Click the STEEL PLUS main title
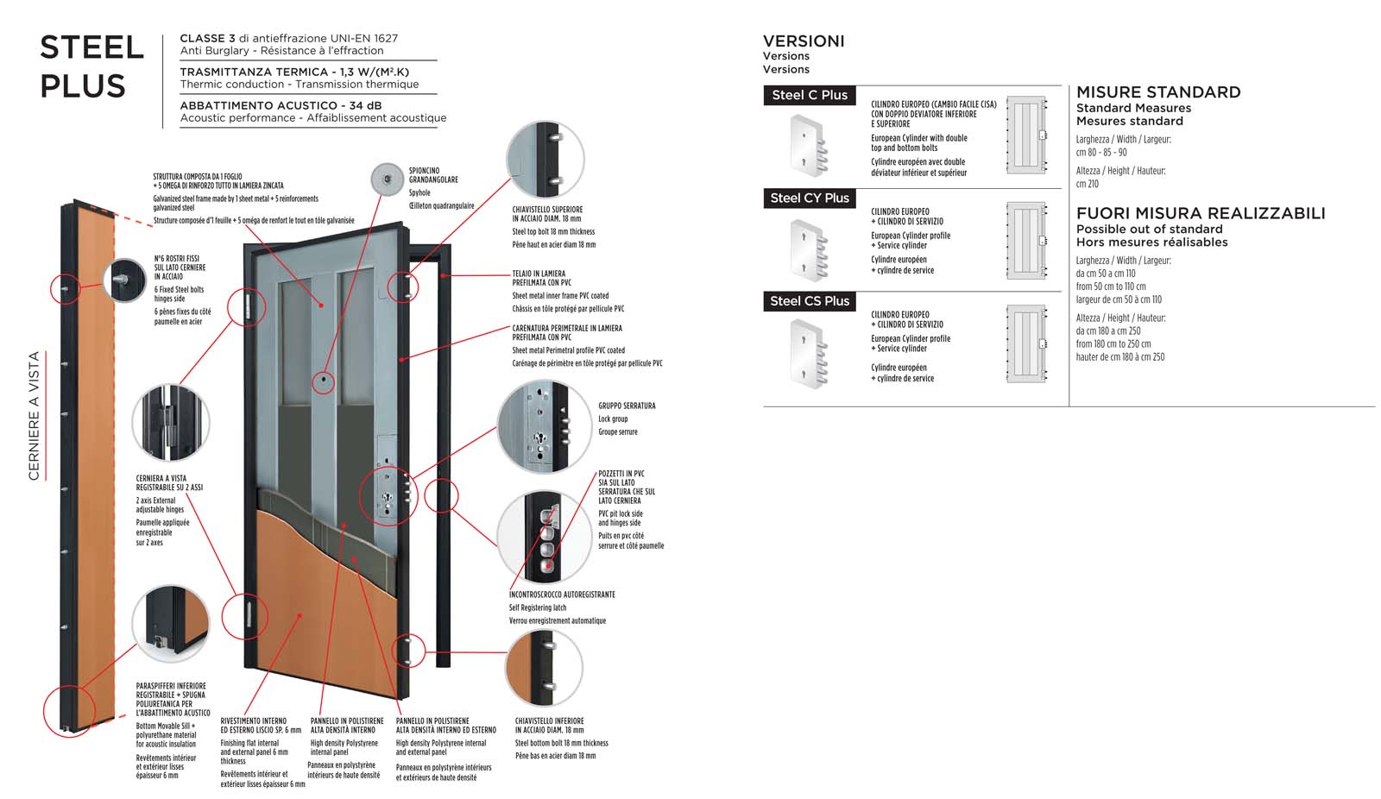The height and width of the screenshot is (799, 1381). [91, 66]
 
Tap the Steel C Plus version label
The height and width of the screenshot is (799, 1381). [809, 95]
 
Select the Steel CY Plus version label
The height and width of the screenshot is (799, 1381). [809, 198]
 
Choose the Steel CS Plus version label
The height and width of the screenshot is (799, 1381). [809, 301]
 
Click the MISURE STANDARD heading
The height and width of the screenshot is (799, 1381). [1157, 92]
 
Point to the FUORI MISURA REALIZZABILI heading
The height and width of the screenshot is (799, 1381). [1200, 213]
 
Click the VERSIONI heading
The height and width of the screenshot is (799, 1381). [804, 41]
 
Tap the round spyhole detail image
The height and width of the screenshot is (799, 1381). [388, 179]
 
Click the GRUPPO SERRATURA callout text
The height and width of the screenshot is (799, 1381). [627, 406]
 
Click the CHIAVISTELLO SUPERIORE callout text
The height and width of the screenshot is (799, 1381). [547, 214]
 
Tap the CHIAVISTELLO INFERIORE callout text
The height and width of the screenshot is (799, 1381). [550, 725]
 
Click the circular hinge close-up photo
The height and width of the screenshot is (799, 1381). [171, 423]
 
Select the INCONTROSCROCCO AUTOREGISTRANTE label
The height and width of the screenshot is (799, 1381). [562, 595]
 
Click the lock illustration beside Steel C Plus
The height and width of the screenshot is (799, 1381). [809, 144]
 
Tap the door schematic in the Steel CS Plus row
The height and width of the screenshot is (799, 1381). [1026, 343]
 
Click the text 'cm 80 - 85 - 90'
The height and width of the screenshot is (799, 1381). [1100, 153]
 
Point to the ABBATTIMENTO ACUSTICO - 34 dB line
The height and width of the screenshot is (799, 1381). [281, 105]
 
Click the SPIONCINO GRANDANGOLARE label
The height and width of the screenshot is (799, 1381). [433, 175]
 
